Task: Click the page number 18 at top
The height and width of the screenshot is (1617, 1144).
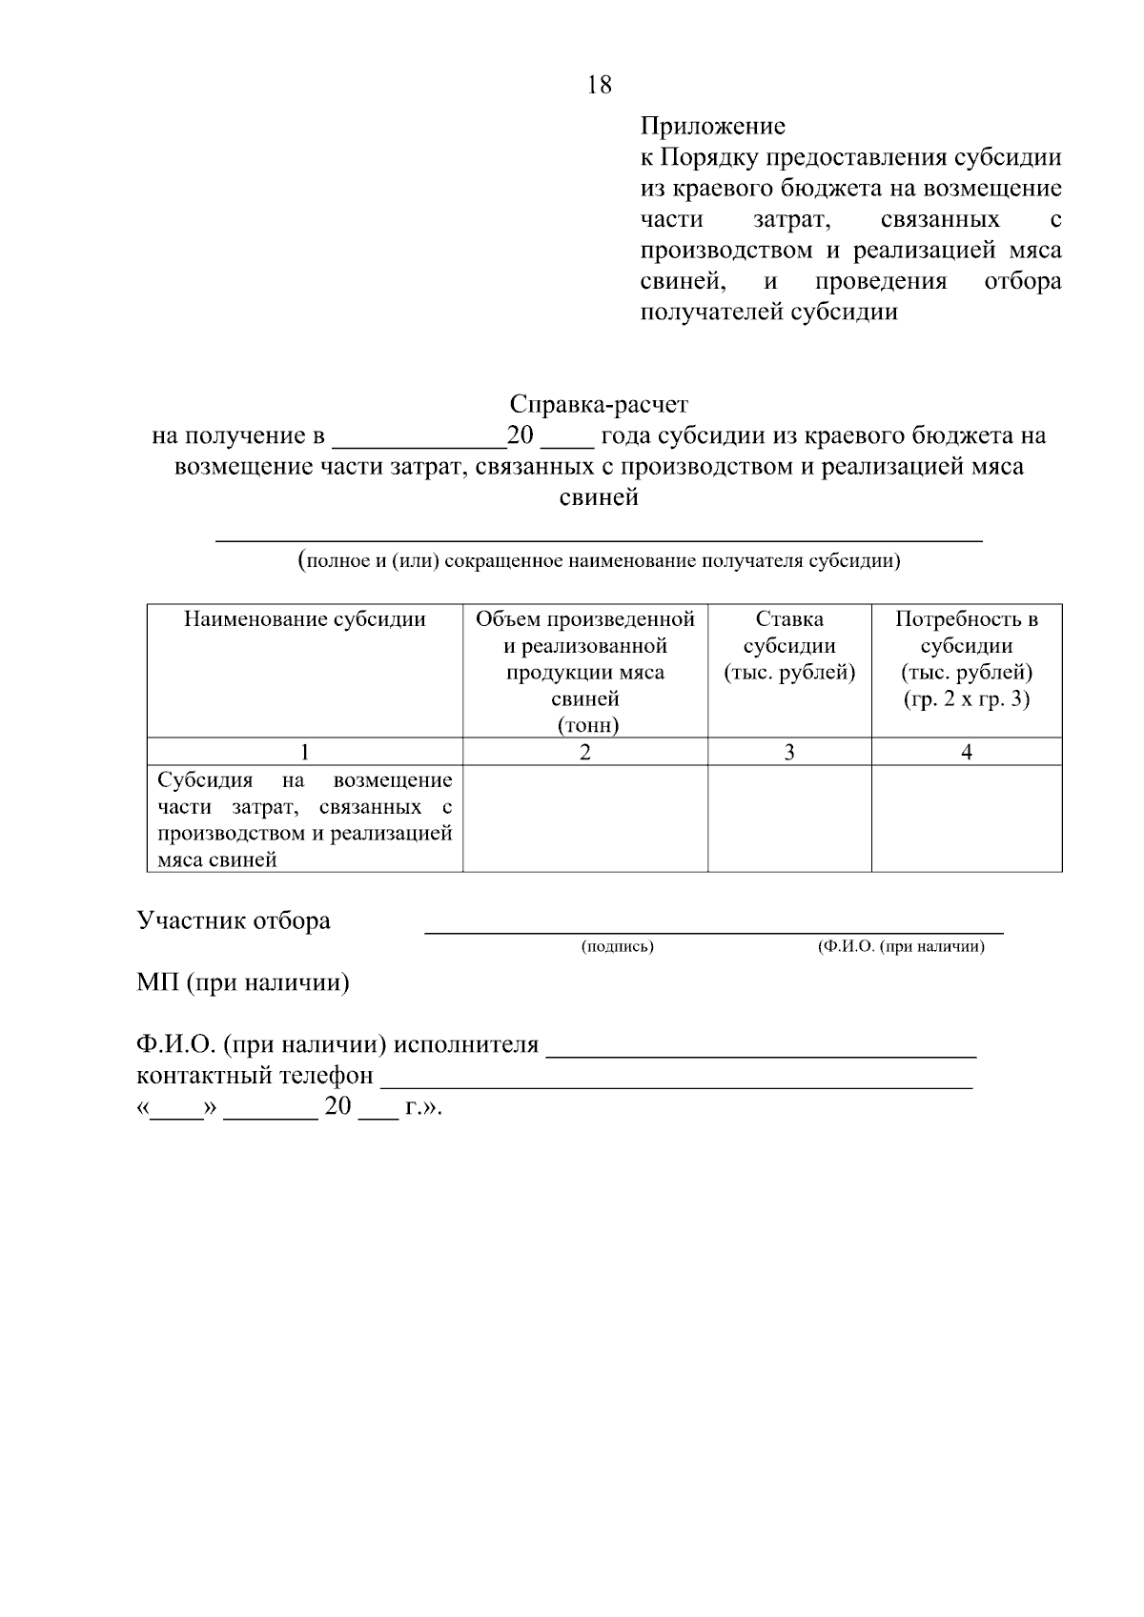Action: (600, 85)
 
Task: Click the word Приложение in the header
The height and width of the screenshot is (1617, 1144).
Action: (712, 126)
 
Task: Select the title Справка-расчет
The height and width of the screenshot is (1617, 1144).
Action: (598, 404)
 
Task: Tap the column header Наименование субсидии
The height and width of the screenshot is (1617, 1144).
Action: (304, 619)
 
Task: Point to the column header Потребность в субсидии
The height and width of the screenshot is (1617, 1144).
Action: (967, 646)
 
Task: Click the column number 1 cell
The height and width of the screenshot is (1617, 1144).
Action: (304, 752)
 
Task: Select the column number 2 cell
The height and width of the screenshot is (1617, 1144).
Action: (585, 752)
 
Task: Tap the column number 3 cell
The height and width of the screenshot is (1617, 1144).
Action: (789, 752)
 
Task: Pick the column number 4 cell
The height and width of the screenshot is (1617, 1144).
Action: (967, 752)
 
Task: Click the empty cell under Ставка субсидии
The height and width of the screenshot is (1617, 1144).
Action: (789, 819)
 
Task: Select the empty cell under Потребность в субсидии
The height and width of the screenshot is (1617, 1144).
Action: (967, 819)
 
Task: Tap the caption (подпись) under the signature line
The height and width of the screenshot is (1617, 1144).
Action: (617, 946)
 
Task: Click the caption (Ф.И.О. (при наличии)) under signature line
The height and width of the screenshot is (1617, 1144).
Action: (901, 946)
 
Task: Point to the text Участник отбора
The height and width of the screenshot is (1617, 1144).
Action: (234, 920)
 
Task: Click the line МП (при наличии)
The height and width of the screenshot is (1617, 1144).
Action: (243, 982)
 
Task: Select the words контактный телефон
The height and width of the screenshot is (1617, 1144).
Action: (255, 1076)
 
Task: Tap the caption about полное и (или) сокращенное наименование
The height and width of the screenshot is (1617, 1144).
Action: (599, 560)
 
